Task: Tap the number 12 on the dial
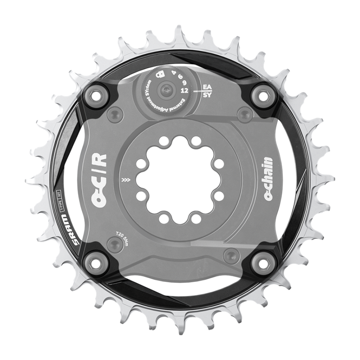[x=184, y=90]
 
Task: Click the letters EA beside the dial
[x=207, y=86]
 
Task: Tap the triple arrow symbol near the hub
[x=125, y=180]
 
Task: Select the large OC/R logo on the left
[x=98, y=179]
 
